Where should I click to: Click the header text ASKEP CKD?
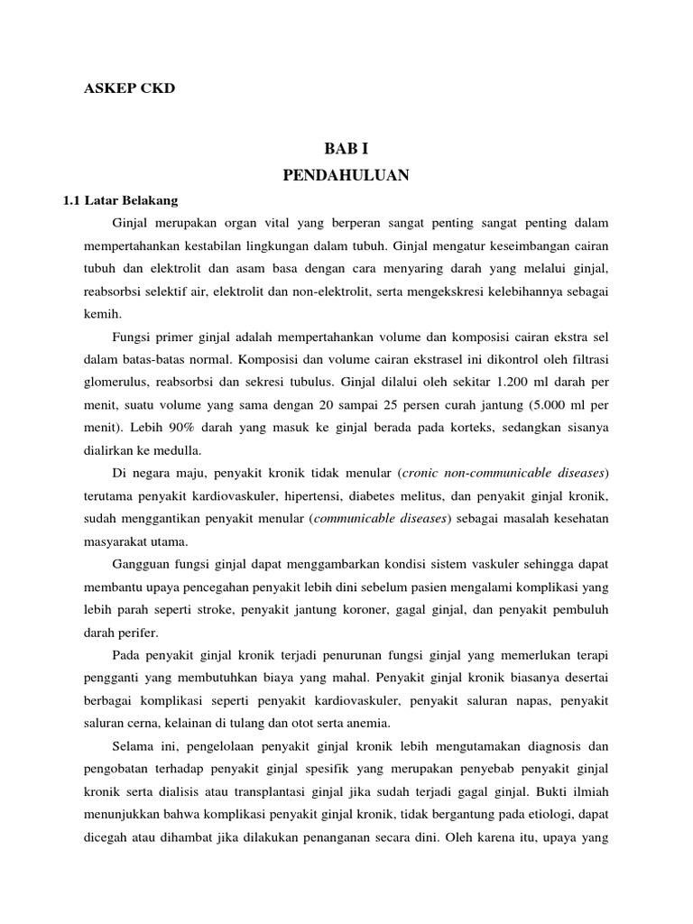[129, 88]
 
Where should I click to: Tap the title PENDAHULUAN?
[346, 175]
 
